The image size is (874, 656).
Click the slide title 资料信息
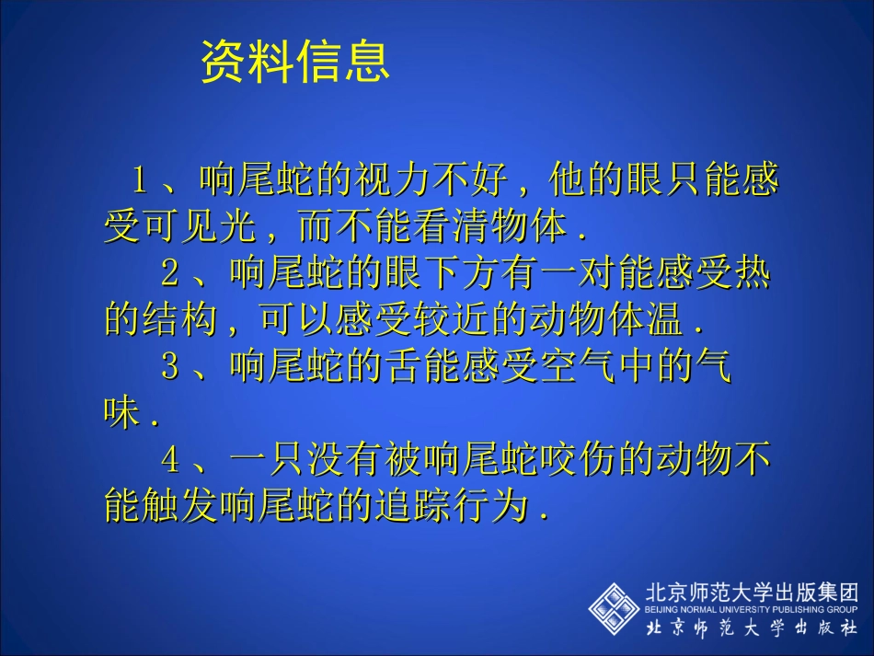point(294,63)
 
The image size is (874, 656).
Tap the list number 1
point(140,180)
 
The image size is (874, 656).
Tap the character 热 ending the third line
point(752,273)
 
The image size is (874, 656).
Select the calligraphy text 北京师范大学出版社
point(751,628)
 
